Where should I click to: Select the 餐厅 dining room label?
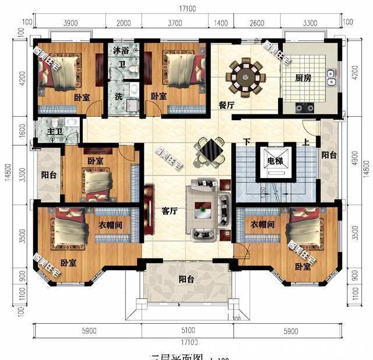(x=226, y=106)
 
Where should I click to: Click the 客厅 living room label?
(x=169, y=211)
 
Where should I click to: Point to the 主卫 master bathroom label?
(x=54, y=132)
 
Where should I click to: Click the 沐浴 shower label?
(x=121, y=51)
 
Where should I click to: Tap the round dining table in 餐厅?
(x=245, y=76)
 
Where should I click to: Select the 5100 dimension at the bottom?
(x=185, y=330)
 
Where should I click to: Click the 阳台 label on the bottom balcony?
(x=186, y=279)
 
